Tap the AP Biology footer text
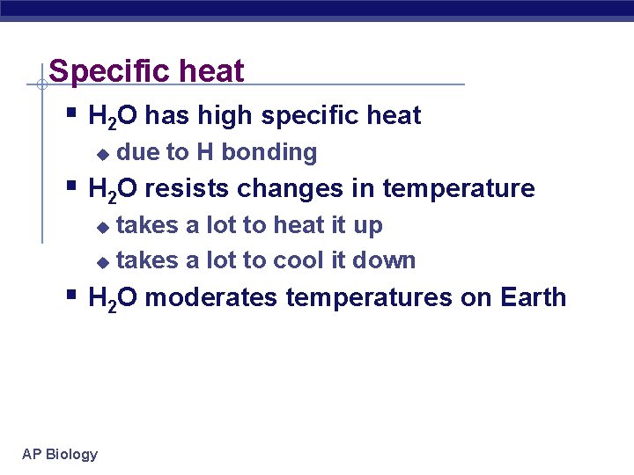pyautogui.click(x=60, y=454)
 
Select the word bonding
pyautogui.click(x=269, y=152)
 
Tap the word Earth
pyautogui.click(x=533, y=297)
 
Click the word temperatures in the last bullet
pyautogui.click(x=369, y=297)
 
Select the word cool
pyautogui.click(x=298, y=260)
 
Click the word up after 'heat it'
pyautogui.click(x=367, y=226)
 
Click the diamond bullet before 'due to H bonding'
pyautogui.click(x=102, y=154)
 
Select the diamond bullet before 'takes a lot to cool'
pyautogui.click(x=102, y=262)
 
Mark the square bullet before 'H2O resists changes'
pyautogui.click(x=71, y=186)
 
